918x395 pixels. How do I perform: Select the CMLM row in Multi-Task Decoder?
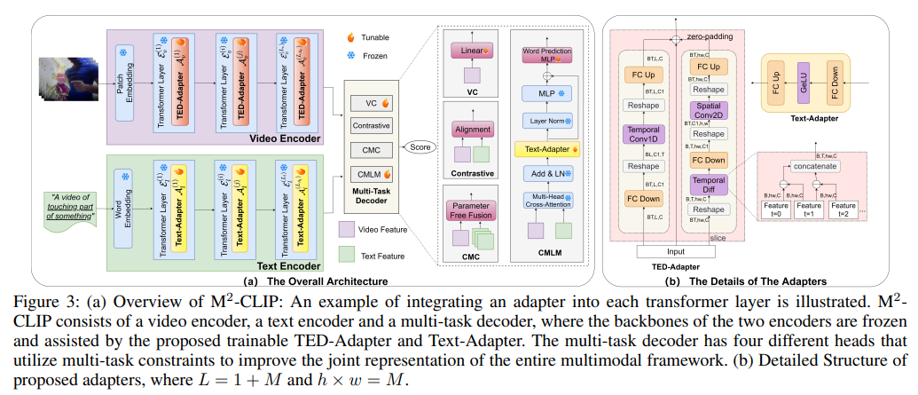pyautogui.click(x=372, y=174)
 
